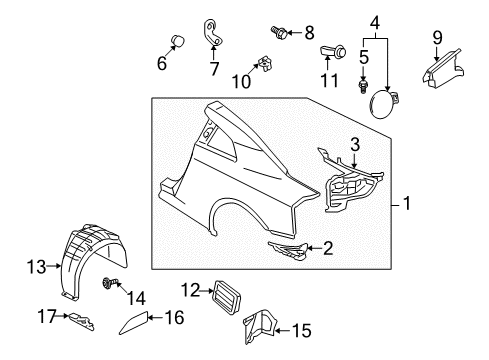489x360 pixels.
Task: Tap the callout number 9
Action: pos(437,39)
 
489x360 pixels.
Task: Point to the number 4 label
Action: pos(374,21)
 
